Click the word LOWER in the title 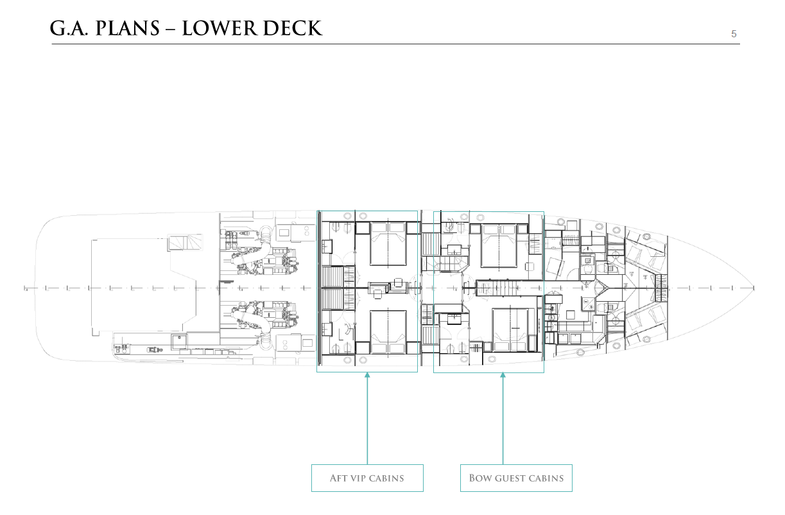point(219,28)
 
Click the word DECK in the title point(292,28)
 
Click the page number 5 point(734,34)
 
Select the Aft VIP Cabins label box point(367,478)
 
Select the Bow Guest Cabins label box point(516,478)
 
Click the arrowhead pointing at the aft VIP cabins point(367,375)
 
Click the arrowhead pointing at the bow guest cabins point(503,375)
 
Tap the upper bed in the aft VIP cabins point(388,243)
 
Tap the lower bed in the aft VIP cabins point(388,331)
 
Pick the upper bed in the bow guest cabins point(498,246)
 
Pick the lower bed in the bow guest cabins point(510,329)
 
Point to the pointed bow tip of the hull point(754,288)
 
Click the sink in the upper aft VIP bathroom point(327,246)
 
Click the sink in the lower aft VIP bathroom point(327,329)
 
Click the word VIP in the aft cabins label point(359,478)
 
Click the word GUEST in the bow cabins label point(510,478)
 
